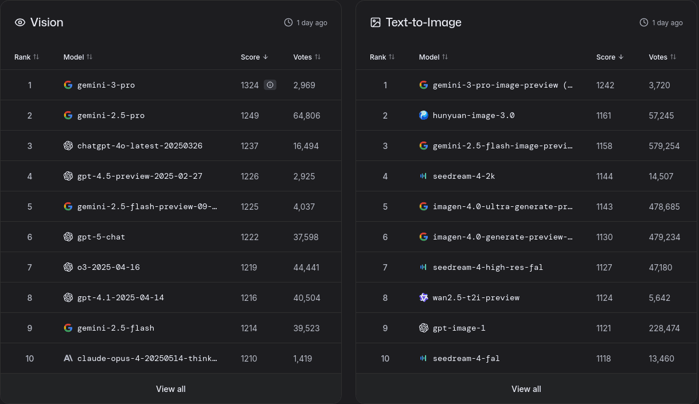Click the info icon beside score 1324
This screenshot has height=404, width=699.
click(x=270, y=85)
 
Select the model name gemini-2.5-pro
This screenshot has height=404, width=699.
click(x=111, y=115)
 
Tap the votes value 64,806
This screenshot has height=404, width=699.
click(x=306, y=116)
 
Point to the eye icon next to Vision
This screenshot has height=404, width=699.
click(x=20, y=22)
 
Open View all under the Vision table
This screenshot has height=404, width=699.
click(x=171, y=389)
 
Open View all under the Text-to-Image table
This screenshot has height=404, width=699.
click(x=526, y=389)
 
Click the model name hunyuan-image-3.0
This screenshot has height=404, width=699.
click(x=474, y=115)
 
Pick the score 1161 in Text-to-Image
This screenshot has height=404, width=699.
click(x=603, y=116)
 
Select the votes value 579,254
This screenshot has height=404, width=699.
click(x=664, y=146)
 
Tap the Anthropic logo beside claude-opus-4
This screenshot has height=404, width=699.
click(x=68, y=358)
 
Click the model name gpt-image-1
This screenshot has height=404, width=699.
click(x=459, y=328)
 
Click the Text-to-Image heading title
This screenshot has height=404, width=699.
click(x=423, y=22)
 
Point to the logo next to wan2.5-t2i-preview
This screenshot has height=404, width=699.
click(x=423, y=297)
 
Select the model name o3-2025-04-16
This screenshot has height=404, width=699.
click(x=108, y=268)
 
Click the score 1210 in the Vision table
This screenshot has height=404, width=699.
click(x=249, y=359)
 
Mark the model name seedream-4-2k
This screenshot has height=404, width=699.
click(x=464, y=176)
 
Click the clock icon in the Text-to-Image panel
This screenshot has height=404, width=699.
click(x=644, y=22)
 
